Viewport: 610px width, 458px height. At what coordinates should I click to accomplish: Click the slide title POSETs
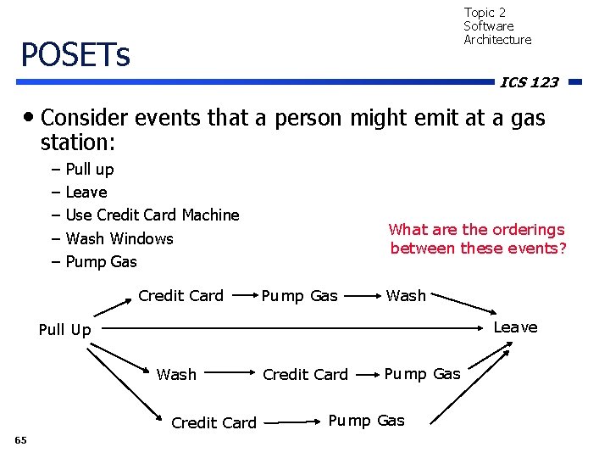[x=75, y=55]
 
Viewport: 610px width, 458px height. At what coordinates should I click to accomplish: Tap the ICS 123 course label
[x=529, y=82]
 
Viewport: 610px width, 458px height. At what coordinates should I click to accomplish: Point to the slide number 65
[x=20, y=439]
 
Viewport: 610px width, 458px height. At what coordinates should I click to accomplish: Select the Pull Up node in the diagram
[x=64, y=330]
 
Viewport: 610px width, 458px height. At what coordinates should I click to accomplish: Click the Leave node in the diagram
[x=515, y=327]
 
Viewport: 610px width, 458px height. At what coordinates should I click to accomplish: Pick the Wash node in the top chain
[x=406, y=295]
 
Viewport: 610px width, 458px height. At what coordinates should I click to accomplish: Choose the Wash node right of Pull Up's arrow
[x=176, y=374]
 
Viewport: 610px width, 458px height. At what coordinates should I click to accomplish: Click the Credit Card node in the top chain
[x=180, y=295]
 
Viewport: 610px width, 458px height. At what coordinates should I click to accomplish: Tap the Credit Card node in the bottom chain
[x=213, y=422]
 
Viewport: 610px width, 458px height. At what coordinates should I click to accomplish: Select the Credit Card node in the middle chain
[x=305, y=374]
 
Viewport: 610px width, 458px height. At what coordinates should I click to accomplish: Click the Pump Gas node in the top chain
[x=299, y=295]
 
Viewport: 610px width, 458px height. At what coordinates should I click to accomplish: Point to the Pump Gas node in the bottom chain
[x=366, y=421]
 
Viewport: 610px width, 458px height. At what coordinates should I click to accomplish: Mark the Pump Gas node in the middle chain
[x=422, y=374]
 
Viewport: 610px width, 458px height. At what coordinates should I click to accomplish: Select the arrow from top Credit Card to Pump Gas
[x=242, y=296]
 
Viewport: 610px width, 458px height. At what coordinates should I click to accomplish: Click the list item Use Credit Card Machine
[x=152, y=215]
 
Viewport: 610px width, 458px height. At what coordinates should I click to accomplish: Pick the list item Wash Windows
[x=119, y=238]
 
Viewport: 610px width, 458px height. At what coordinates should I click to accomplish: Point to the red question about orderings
[x=477, y=238]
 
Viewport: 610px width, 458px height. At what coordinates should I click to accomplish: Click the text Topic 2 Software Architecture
[x=497, y=26]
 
